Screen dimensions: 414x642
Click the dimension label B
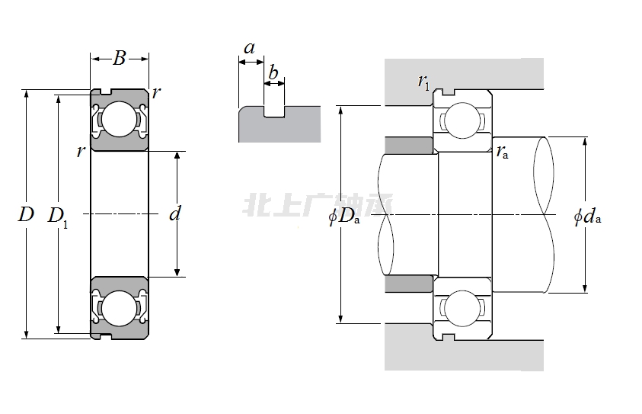point(119,58)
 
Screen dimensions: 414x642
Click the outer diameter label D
point(26,214)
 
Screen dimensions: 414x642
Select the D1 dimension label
point(58,216)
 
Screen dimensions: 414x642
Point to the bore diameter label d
point(175,213)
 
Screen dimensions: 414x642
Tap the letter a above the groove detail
point(249,48)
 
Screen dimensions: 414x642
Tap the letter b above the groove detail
point(273,74)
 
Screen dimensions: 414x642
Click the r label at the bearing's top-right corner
point(155,93)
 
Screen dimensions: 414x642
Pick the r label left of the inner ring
point(80,151)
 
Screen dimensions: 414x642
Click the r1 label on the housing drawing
point(423,81)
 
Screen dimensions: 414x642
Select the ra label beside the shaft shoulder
point(502,151)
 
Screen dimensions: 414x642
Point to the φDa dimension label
point(343,217)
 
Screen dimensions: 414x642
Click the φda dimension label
point(587,217)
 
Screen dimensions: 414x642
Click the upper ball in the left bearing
point(118,119)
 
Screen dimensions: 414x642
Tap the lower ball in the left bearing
point(118,309)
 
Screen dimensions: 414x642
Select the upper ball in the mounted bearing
point(462,120)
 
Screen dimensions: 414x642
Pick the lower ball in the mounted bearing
point(462,308)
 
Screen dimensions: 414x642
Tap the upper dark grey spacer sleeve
point(409,145)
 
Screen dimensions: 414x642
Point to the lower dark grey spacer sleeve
point(409,284)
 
